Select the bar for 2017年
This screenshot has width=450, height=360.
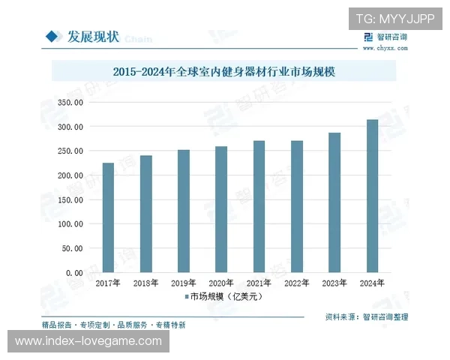pyautogui.click(x=108, y=217)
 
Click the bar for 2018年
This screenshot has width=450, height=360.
pyautogui.click(x=145, y=214)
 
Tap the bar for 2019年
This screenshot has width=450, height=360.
pyautogui.click(x=184, y=211)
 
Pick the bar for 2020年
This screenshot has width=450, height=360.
pyautogui.click(x=221, y=209)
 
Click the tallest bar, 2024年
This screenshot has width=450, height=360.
pyautogui.click(x=372, y=196)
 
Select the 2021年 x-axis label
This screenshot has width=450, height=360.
pyautogui.click(x=259, y=283)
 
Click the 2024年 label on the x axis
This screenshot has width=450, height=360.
pyautogui.click(x=372, y=283)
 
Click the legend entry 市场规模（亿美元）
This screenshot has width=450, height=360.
pyautogui.click(x=225, y=297)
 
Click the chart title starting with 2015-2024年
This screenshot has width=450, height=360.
pyautogui.click(x=226, y=73)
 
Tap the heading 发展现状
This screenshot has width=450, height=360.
pyautogui.click(x=94, y=36)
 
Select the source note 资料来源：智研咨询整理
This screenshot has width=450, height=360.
pyautogui.click(x=367, y=317)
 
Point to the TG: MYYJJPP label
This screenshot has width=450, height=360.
pyautogui.click(x=394, y=19)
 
